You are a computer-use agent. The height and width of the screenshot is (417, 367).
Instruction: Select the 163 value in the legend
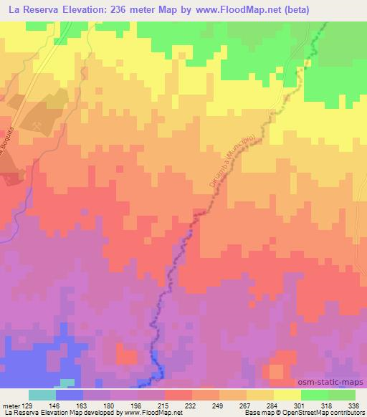pyautogui.click(x=84, y=405)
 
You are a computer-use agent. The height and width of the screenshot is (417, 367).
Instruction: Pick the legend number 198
pyautogui.click(x=137, y=405)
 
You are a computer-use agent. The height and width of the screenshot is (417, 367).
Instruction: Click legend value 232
pyautogui.click(x=191, y=405)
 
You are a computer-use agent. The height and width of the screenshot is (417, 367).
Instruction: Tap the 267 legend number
pyautogui.click(x=246, y=405)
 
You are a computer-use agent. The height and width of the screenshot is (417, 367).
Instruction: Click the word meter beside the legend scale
pyautogui.click(x=10, y=405)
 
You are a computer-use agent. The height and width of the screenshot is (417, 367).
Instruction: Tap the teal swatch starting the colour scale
pyautogui.click(x=42, y=395)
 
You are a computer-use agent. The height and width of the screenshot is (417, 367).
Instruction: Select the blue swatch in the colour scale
pyautogui.click(x=69, y=395)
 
